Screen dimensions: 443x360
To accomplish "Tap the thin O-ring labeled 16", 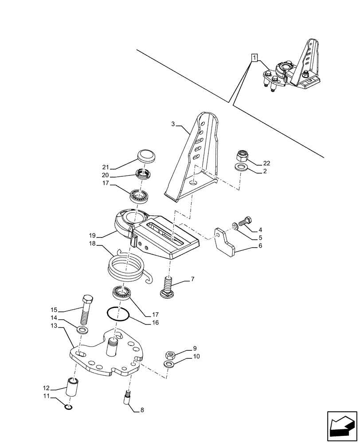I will click(118, 314).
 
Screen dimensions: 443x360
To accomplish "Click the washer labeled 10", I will click(168, 364).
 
